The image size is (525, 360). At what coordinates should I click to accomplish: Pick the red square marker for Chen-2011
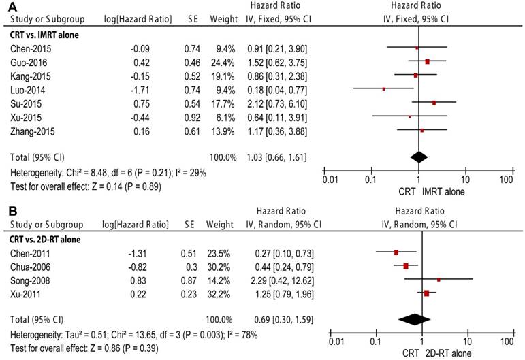click(396, 252)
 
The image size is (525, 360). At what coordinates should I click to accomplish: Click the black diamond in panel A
click(419, 157)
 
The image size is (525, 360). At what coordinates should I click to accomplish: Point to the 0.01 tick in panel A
click(330, 179)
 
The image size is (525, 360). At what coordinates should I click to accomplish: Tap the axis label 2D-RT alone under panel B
click(456, 353)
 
